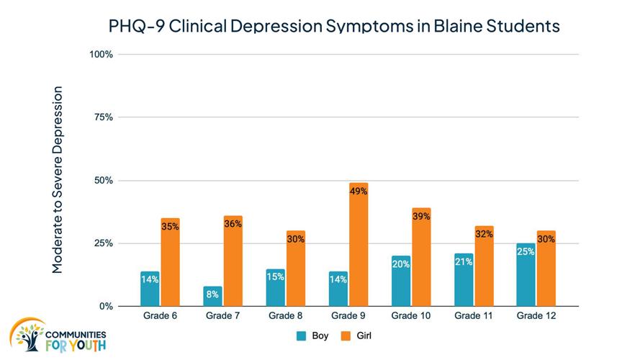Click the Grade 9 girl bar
click(358, 245)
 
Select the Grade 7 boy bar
click(212, 296)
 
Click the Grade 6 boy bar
click(150, 289)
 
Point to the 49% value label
click(359, 191)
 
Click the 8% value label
click(212, 294)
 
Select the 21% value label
click(464, 261)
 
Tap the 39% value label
click(421, 216)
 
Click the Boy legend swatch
click(302, 335)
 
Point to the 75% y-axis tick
click(104, 117)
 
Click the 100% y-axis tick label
click(102, 54)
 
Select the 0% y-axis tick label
click(105, 306)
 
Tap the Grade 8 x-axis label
click(285, 315)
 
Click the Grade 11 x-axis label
click(474, 315)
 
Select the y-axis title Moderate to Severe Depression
click(58, 180)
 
